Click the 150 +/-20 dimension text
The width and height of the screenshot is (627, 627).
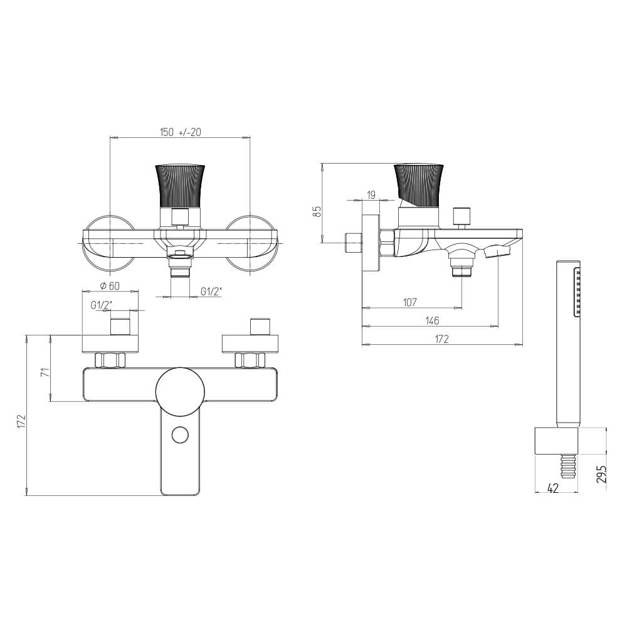tap(181, 132)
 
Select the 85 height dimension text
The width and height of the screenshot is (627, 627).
tap(317, 211)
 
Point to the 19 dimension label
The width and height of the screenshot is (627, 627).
tap(371, 195)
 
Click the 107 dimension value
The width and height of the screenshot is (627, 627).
tap(410, 302)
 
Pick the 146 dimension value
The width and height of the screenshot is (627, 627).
tap(432, 320)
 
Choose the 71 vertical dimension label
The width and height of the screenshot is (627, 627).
tap(46, 372)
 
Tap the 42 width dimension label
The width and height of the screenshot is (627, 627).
tap(552, 488)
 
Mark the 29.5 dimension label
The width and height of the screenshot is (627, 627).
tap(601, 473)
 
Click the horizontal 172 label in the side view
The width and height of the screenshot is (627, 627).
tap(441, 339)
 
